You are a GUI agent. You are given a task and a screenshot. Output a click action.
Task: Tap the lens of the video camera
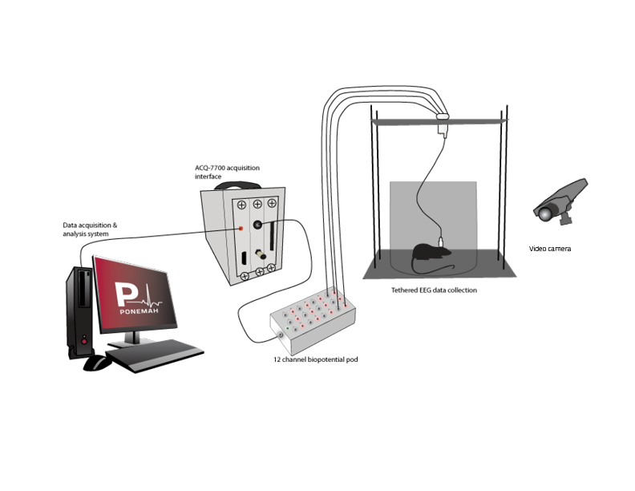[x=544, y=213]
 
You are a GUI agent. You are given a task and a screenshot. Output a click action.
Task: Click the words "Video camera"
[x=550, y=249]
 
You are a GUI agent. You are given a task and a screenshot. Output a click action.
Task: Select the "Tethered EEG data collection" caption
[x=434, y=290]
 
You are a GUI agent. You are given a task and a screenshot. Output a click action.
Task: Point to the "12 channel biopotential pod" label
[x=315, y=360]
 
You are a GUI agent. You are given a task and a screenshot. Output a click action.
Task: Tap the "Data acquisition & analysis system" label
[x=90, y=230]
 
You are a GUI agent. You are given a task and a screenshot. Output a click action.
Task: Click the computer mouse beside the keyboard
[x=98, y=363]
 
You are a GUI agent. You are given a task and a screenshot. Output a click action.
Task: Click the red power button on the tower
[x=83, y=340]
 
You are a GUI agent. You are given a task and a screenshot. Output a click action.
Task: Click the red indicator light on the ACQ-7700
[x=240, y=228]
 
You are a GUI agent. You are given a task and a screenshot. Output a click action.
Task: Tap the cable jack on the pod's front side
[x=281, y=335]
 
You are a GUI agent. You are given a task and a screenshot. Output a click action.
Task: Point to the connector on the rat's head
[x=442, y=241]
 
